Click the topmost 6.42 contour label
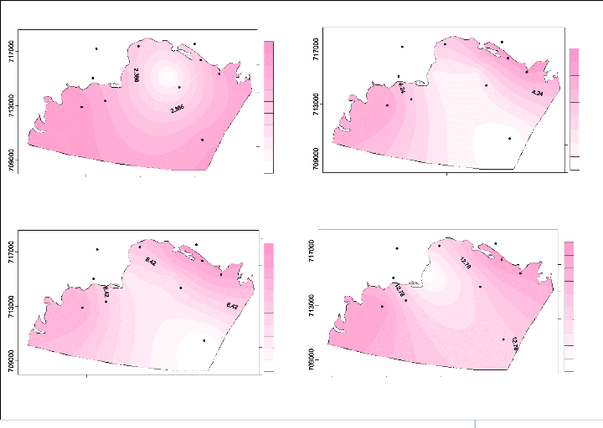pyautogui.click(x=152, y=262)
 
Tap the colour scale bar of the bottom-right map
pyautogui.click(x=568, y=304)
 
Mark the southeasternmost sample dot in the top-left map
pyautogui.click(x=202, y=140)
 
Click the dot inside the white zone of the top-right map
pyautogui.click(x=510, y=138)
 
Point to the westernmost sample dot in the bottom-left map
pyautogui.click(x=82, y=308)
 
